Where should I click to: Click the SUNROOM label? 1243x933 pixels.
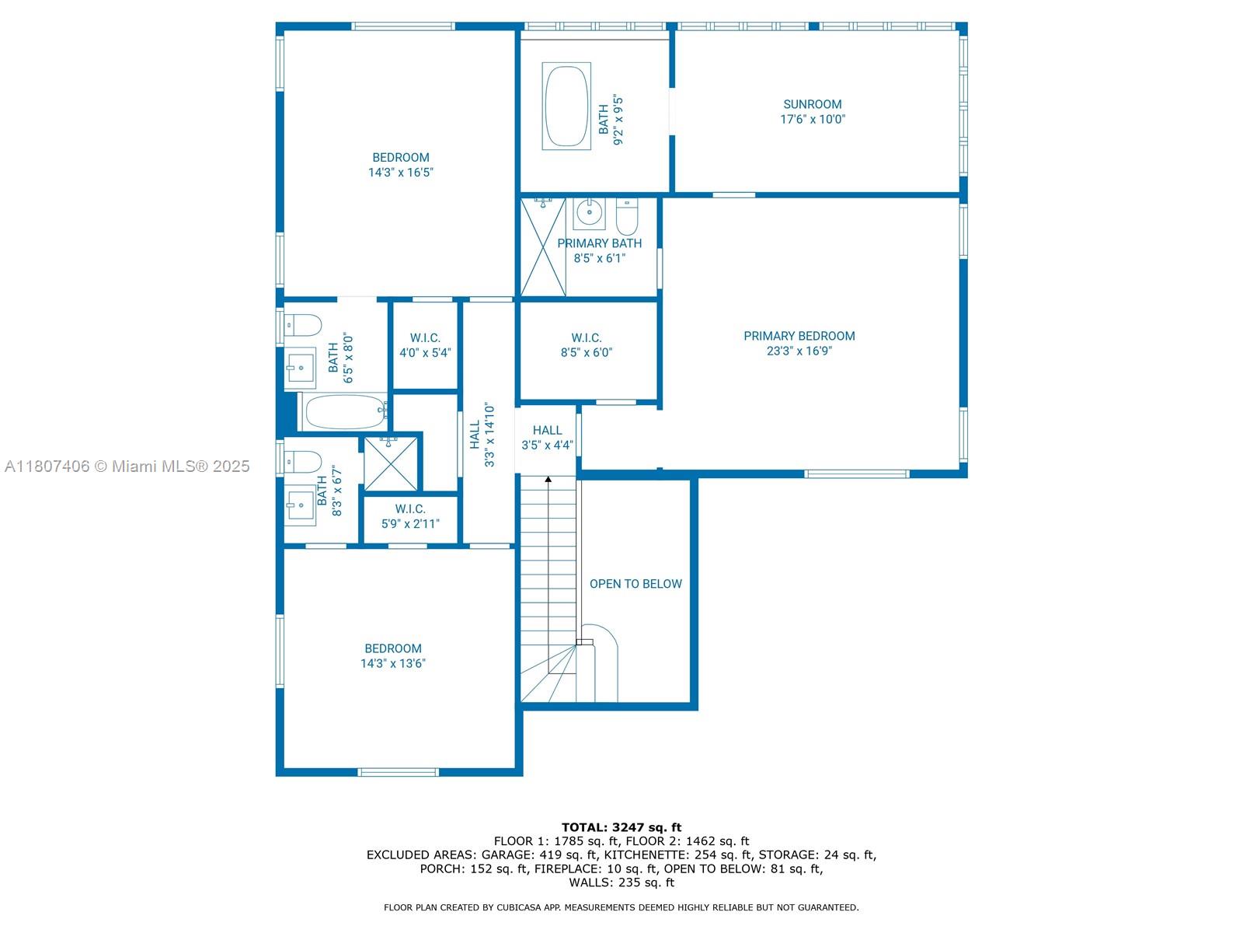(x=812, y=104)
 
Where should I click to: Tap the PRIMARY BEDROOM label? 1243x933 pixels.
(x=799, y=336)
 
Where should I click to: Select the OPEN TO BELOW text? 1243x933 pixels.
(x=635, y=583)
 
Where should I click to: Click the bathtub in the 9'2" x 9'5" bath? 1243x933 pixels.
(x=566, y=106)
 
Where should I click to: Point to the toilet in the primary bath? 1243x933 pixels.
(x=627, y=216)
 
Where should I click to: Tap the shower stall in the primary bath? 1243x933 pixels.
(x=543, y=246)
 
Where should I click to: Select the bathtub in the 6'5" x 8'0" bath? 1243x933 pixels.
(x=343, y=412)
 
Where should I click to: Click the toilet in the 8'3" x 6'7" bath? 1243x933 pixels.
(x=303, y=463)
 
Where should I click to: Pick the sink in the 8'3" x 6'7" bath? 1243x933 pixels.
(x=300, y=505)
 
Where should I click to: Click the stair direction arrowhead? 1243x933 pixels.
(x=548, y=479)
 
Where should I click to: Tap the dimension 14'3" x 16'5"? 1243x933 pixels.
(x=400, y=172)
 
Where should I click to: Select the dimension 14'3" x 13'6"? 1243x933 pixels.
(x=393, y=663)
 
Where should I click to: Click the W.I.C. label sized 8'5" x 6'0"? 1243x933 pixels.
(x=586, y=338)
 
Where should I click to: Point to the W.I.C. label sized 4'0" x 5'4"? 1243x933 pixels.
(x=425, y=338)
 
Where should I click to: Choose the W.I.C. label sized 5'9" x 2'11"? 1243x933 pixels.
(x=410, y=508)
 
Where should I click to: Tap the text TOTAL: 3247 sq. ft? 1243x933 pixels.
(x=621, y=827)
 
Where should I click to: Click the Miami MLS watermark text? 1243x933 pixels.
(x=127, y=466)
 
